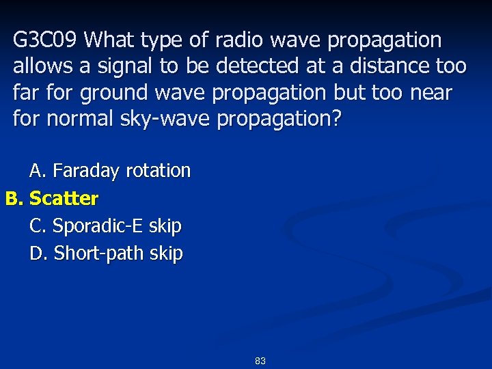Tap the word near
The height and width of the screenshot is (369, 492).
(x=430, y=92)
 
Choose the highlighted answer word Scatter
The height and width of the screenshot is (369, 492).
(x=64, y=199)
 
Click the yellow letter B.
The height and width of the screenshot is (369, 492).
(x=14, y=199)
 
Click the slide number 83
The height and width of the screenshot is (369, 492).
(x=260, y=360)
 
